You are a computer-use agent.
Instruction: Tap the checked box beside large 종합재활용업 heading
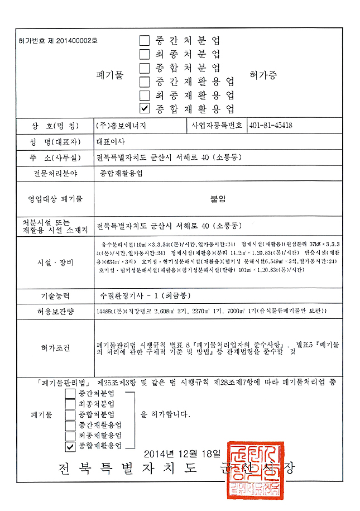[145, 108]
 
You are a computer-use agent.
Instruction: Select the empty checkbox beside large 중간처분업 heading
[145, 40]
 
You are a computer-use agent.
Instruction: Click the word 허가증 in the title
[263, 74]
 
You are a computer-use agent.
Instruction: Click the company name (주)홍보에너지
[121, 126]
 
